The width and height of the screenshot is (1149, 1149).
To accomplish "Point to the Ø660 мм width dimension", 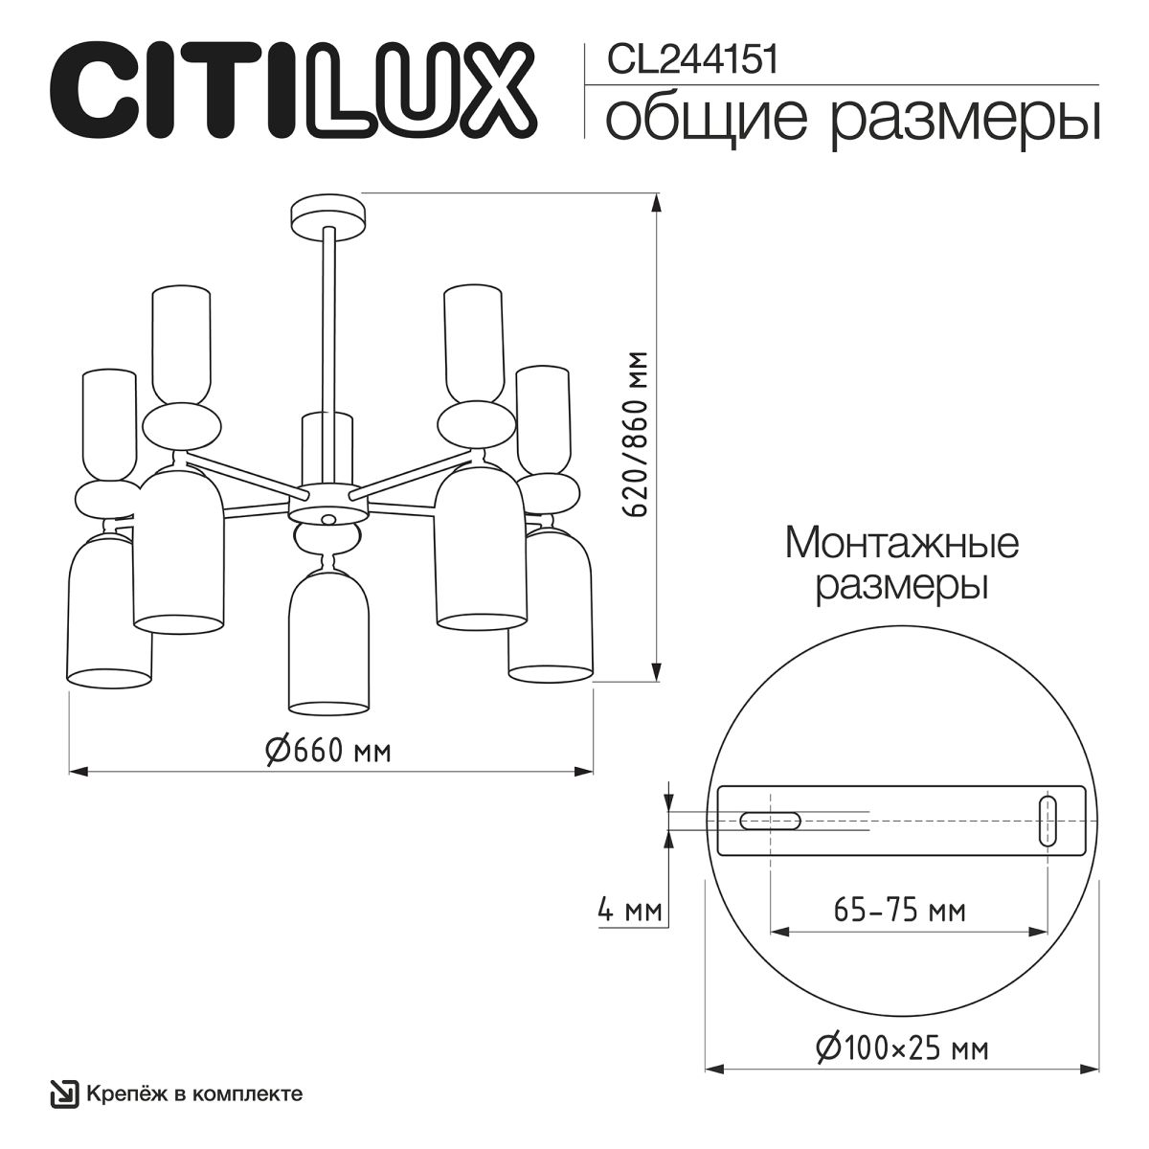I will pyautogui.click(x=328, y=751).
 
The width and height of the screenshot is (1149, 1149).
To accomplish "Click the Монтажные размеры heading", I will pyautogui.click(x=901, y=564).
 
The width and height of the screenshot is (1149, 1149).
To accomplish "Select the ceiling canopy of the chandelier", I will pyautogui.click(x=328, y=214).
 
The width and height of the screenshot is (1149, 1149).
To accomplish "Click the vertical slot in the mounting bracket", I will pyautogui.click(x=1048, y=820).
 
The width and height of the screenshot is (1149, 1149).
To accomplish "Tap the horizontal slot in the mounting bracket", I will pyautogui.click(x=770, y=820).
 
